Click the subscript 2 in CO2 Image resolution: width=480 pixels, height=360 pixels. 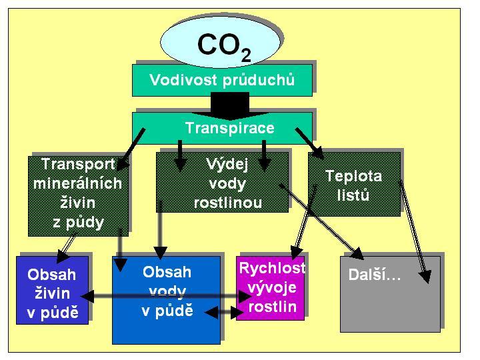tap(246, 55)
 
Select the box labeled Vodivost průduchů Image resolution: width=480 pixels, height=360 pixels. tap(222, 80)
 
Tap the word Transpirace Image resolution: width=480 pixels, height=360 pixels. tap(230, 127)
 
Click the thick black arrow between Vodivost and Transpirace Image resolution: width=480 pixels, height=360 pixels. tap(230, 105)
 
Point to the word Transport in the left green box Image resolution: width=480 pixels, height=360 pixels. tap(79, 165)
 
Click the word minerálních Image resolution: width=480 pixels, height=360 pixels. tap(78, 183)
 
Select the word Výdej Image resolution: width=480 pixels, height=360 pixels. tap(227, 165)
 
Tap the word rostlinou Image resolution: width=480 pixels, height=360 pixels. tap(228, 203)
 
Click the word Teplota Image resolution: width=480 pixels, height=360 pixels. tap(353, 176)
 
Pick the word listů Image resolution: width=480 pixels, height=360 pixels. tap(353, 195)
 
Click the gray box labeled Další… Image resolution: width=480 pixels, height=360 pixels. tap(390, 294)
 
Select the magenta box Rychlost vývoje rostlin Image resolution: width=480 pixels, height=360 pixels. tap(270, 289)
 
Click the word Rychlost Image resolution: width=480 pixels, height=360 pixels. tap(272, 268)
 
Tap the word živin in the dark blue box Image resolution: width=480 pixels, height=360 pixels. tap(53, 293)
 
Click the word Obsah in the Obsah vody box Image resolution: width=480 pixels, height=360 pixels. tap(167, 272)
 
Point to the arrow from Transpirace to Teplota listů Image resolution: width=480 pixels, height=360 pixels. tap(309, 143)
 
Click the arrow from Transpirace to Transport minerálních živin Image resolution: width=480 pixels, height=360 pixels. tap(131, 149)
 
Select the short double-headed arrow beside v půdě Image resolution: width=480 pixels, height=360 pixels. tap(224, 313)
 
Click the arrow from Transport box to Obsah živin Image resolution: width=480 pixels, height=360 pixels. tap(67, 247)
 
